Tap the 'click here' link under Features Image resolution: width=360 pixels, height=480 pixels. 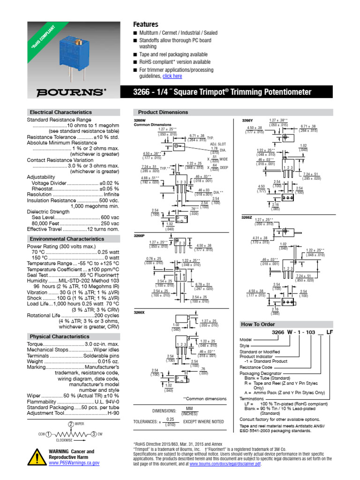pyautogui.click(x=172, y=76)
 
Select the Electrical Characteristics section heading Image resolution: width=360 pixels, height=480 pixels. pyautogui.click(x=61, y=112)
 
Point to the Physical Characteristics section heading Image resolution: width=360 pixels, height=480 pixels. pyautogui.click(x=60, y=337)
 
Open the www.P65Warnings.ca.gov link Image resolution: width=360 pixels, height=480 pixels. pyautogui.click(x=75, y=463)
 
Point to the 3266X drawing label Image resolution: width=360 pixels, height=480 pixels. pyautogui.click(x=139, y=312)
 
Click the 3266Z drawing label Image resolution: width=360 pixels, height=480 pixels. pyautogui.click(x=247, y=217)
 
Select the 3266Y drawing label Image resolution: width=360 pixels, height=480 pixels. pyautogui.click(x=247, y=120)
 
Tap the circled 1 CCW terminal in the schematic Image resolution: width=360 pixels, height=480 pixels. pyautogui.click(x=48, y=435)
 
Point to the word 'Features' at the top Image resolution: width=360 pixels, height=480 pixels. pyautogui.click(x=146, y=24)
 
